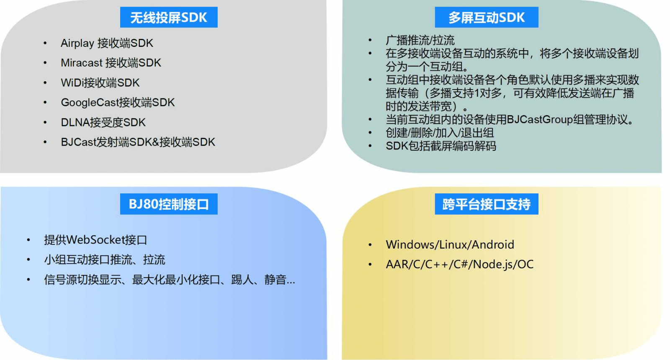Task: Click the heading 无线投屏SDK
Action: click(169, 18)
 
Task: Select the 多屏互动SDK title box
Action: click(486, 17)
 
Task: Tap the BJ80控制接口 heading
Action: click(169, 204)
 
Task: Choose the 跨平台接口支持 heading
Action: click(486, 204)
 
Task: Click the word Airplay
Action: click(77, 44)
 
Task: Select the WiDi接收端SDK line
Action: click(100, 83)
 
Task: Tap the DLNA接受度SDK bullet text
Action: click(103, 122)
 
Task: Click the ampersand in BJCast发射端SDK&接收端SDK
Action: click(155, 142)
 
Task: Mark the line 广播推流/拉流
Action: click(420, 40)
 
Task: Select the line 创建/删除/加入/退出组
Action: click(440, 133)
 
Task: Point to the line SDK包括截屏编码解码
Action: click(441, 146)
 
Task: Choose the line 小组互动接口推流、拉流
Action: click(104, 260)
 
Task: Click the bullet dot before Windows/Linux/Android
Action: click(370, 245)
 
